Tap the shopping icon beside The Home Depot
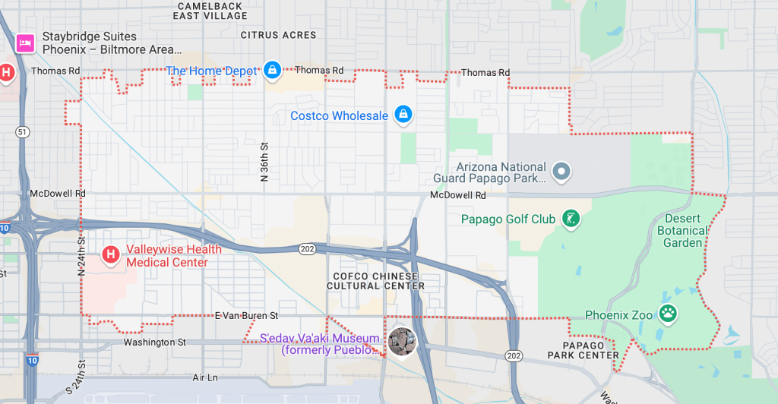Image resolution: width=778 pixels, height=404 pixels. [273, 71]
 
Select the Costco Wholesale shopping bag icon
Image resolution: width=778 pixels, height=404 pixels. [403, 115]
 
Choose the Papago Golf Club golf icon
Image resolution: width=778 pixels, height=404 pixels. [571, 219]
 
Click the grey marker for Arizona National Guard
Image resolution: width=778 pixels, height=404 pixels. [561, 172]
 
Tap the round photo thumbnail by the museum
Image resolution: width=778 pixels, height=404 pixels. [401, 342]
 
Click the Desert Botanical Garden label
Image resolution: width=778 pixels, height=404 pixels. [682, 230]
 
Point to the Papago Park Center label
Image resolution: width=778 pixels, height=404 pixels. [583, 350]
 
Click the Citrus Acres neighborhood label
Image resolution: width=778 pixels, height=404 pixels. [278, 35]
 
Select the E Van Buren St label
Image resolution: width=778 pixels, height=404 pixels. [246, 315]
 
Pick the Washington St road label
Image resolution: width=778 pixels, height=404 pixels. [155, 342]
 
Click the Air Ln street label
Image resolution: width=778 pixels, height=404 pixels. [205, 377]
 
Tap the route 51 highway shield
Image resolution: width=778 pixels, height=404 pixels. [22, 132]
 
